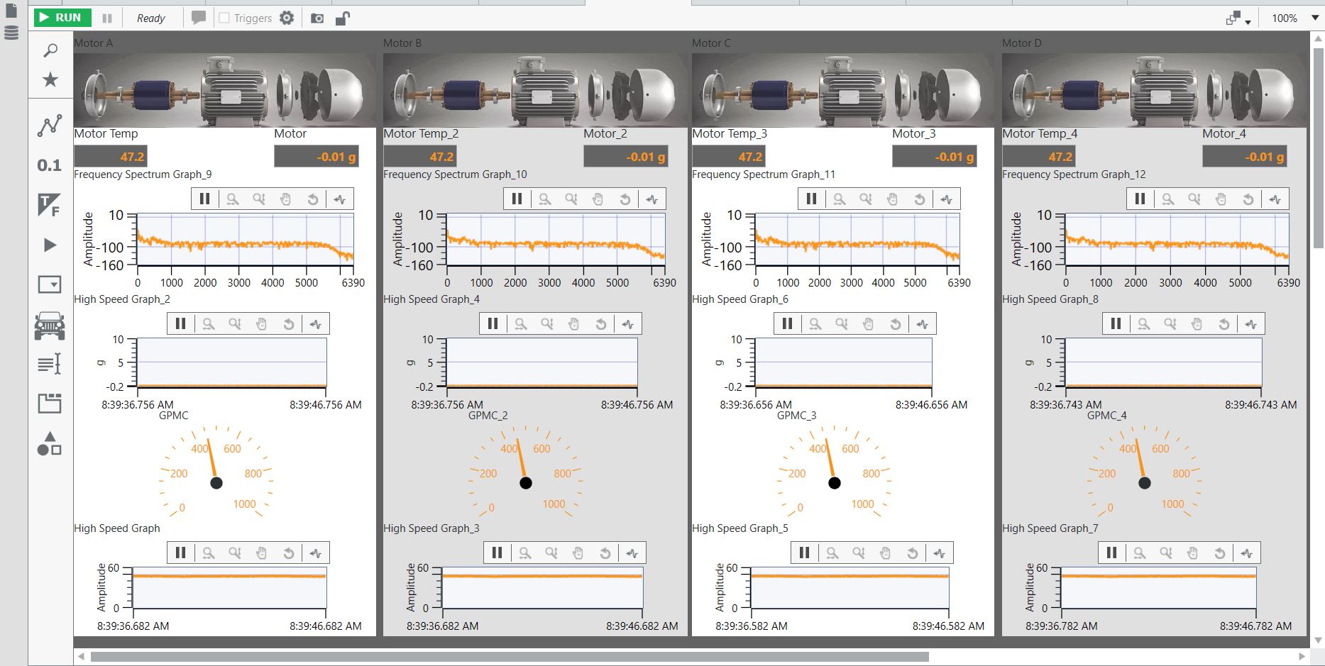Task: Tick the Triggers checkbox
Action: [x=224, y=18]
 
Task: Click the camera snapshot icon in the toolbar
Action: [x=317, y=18]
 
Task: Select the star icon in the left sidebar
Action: [x=50, y=79]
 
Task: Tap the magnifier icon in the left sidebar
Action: [x=50, y=50]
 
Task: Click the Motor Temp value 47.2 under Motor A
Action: [x=132, y=157]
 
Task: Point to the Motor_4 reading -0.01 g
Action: [x=1264, y=157]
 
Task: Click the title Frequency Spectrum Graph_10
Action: [x=455, y=174]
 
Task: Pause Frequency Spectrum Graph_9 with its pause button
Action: [x=205, y=199]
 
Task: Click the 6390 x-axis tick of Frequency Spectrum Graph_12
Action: [x=1288, y=282]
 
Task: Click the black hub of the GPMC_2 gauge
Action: [x=526, y=483]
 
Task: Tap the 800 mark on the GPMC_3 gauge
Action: [x=871, y=474]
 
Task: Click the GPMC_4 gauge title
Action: [x=1106, y=416]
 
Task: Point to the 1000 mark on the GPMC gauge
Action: [x=244, y=504]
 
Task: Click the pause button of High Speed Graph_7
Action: [x=1112, y=553]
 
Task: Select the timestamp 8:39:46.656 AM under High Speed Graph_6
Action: [x=931, y=405]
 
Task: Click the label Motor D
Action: [x=1022, y=43]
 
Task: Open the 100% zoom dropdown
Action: [x=1315, y=18]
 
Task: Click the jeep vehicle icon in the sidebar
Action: [x=50, y=326]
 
